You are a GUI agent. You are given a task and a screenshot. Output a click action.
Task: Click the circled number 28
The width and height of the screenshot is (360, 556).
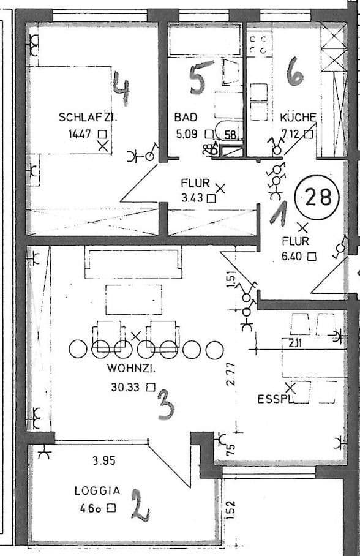pos(317,197)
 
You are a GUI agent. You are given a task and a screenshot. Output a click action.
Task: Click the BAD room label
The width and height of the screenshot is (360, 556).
pos(185,118)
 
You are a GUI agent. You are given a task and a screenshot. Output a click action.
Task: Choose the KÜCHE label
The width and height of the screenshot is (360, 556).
pos(298,118)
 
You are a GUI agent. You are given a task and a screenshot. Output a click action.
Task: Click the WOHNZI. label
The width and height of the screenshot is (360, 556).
pos(129,369)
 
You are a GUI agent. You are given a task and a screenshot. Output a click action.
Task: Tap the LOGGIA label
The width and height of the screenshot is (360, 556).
pos(97,490)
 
